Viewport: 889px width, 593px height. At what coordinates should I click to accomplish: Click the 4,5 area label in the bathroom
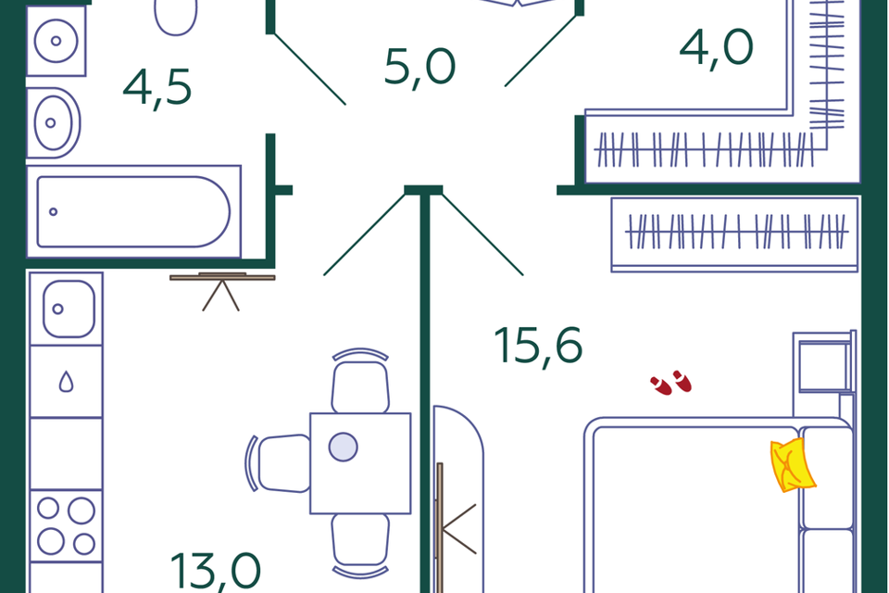[157, 88]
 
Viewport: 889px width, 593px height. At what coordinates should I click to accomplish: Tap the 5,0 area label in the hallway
[419, 68]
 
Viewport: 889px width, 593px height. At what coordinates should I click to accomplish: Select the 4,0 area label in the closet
[716, 47]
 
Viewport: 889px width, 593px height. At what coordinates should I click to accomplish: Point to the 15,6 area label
[538, 346]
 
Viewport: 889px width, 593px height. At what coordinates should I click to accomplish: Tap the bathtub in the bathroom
[133, 211]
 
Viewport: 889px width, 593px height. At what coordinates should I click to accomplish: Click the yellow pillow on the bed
[793, 464]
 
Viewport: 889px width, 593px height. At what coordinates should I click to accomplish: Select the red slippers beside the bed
[671, 383]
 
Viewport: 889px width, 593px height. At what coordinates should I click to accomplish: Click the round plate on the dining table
[343, 447]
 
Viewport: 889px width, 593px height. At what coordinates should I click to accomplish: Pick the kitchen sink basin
[69, 309]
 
